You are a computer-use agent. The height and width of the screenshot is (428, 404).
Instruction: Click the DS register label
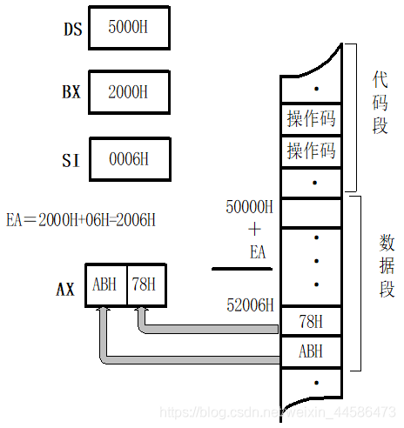click(x=71, y=30)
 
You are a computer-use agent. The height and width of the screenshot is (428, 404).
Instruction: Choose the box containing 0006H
click(x=128, y=159)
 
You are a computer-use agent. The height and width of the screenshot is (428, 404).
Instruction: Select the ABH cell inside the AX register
click(x=106, y=285)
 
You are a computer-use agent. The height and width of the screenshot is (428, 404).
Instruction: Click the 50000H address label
click(x=248, y=207)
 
